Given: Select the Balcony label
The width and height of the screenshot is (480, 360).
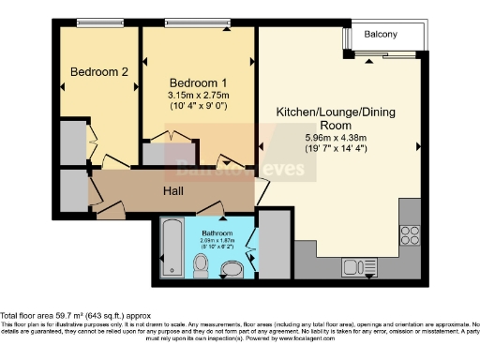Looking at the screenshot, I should pyautogui.click(x=381, y=35).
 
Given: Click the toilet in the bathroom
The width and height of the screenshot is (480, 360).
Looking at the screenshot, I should pyautogui.click(x=201, y=269).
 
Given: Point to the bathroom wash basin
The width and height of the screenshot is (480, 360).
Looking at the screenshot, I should pyautogui.click(x=230, y=271).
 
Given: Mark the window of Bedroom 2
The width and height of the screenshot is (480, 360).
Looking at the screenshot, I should pyautogui.click(x=96, y=23).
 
